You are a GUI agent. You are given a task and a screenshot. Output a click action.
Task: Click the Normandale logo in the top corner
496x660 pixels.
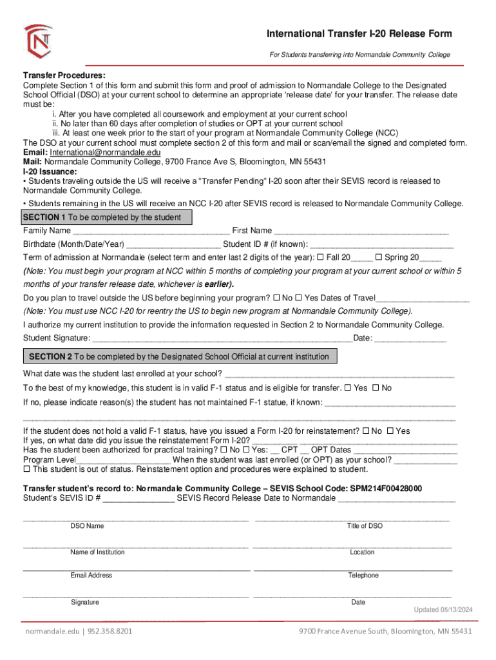tap(38, 41)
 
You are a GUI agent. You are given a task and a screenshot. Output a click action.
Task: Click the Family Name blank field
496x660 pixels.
tap(151, 231)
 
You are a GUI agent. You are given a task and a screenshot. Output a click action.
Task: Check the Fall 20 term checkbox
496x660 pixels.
tap(320, 258)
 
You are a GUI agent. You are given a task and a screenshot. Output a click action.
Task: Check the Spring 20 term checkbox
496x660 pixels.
tap(378, 258)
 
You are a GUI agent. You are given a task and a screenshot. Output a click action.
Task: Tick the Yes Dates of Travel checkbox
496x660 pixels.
tap(298, 298)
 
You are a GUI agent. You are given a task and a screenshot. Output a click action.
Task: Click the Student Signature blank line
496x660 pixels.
tap(222, 339)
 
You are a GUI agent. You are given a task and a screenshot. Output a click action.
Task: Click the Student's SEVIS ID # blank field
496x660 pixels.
tap(138, 499)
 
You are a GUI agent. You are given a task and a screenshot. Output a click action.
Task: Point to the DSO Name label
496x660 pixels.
tap(87, 526)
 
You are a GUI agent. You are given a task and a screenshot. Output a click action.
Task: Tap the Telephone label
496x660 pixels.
tap(363, 576)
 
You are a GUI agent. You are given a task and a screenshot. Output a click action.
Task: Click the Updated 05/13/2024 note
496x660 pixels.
tap(443, 610)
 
